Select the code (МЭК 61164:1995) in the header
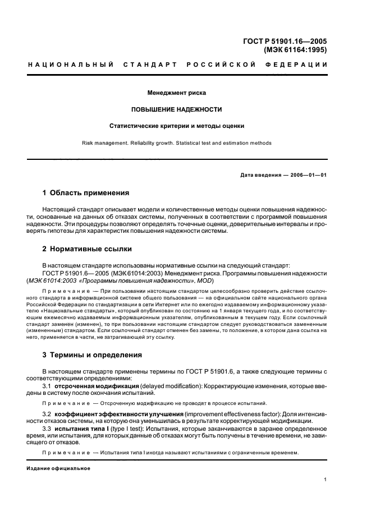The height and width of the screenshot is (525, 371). (295, 49)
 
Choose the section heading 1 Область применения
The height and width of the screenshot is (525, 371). (86, 192)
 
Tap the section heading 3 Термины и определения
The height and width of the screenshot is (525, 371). (93, 354)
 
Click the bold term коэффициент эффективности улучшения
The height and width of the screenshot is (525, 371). (120, 413)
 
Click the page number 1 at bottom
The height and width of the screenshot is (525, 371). (326, 479)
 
